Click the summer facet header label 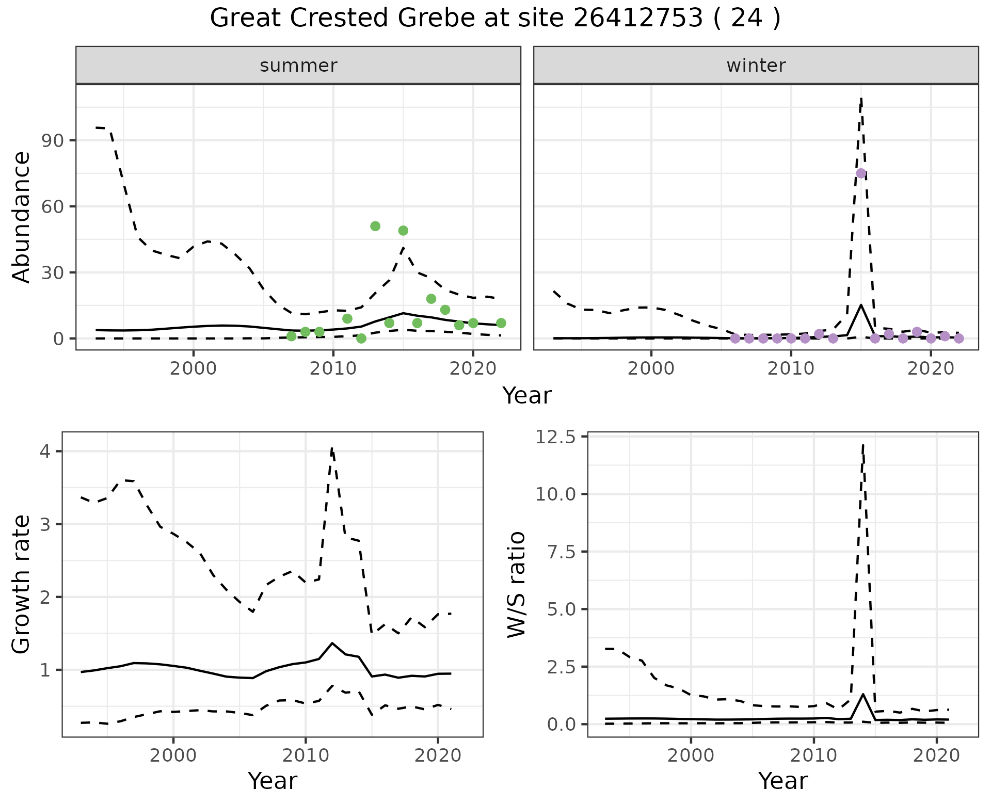coord(298,66)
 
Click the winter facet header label coord(756,66)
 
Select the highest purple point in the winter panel coord(860,173)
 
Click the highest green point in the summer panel coord(375,226)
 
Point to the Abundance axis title coord(22,217)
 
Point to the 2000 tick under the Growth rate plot coord(173,755)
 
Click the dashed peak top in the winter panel coord(861,98)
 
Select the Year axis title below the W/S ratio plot coord(782,781)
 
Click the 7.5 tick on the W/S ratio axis coord(560,552)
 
